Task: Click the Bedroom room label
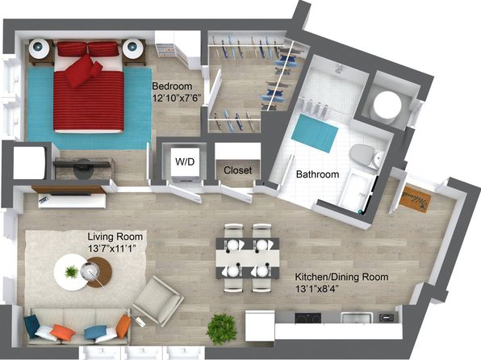point(172,86)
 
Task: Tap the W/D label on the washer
point(185,161)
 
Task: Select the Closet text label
point(238,170)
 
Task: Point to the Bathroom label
point(317,174)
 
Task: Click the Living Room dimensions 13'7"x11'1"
point(112,249)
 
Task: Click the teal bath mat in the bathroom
point(315,133)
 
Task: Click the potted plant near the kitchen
point(221,329)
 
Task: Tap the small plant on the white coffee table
point(72,272)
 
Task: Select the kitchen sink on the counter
point(357,318)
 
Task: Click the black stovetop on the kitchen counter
point(308,318)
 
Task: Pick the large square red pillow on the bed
point(80,70)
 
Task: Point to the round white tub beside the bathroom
point(387,105)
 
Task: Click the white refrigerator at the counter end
point(260,326)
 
